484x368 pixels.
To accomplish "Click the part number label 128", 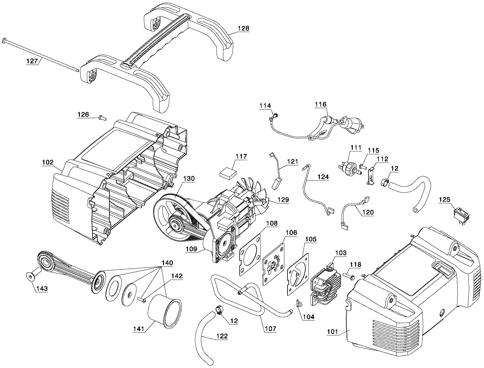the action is point(243,28).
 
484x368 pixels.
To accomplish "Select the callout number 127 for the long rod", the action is point(32,61).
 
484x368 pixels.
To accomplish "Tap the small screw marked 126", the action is point(103,118).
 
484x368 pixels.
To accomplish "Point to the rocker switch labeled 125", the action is point(461,216).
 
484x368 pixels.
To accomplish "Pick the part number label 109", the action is point(191,249).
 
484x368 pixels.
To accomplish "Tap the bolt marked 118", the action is point(349,276).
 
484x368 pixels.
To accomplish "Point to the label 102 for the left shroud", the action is point(48,162).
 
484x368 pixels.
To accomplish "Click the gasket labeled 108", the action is point(250,255).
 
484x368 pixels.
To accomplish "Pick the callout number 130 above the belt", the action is point(189,179).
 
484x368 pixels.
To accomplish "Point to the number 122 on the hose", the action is point(222,336).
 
